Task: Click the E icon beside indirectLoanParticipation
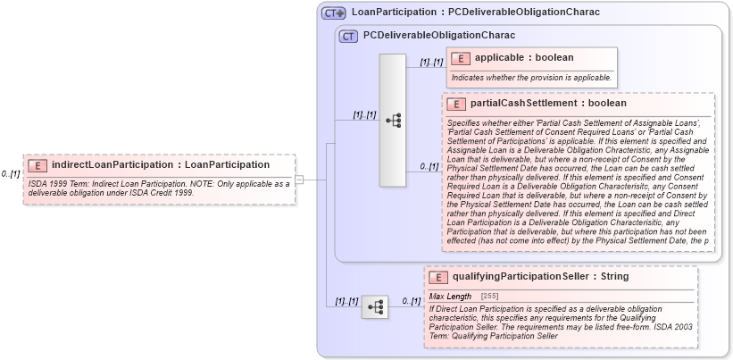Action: point(37,165)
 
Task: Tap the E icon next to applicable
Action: point(461,58)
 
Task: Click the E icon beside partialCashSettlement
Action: point(456,104)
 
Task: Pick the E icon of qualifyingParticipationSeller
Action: point(437,277)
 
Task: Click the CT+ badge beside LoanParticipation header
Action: point(334,13)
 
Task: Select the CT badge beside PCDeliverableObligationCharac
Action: point(348,37)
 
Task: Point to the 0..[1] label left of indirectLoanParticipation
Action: point(11,173)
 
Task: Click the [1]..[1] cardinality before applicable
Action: point(430,62)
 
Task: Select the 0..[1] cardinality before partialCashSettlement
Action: point(429,167)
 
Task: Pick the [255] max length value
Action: point(489,296)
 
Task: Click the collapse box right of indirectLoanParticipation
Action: point(300,180)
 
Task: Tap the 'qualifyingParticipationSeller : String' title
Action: point(540,277)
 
